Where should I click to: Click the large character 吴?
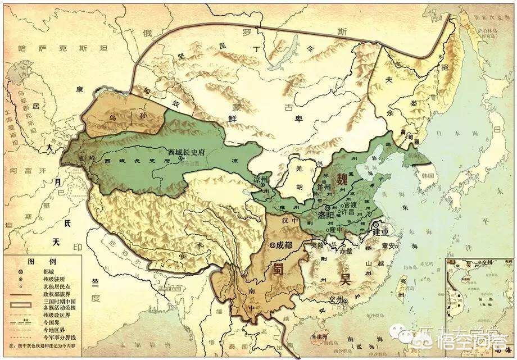tap(343, 279)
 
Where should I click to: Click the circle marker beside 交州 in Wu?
tap(353, 300)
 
